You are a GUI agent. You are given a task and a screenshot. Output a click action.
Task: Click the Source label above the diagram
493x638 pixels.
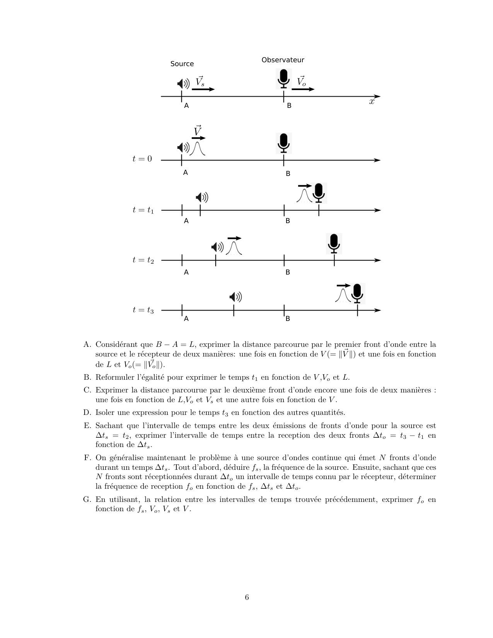point(182,64)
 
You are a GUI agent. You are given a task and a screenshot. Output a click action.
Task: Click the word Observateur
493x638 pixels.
point(283,60)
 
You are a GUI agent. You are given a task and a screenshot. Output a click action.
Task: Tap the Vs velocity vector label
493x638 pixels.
point(200,82)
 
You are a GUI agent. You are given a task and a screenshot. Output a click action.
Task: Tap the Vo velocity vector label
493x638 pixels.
point(301,82)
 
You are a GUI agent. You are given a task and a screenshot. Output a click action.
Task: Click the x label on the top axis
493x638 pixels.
point(372,102)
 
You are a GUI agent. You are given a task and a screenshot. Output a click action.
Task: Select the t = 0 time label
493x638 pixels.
point(142,159)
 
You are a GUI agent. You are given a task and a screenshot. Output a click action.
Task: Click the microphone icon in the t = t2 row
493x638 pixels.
point(334,243)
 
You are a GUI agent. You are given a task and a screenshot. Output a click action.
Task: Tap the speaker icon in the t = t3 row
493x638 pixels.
point(235,297)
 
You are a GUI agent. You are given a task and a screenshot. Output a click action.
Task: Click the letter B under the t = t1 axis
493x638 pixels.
point(288,221)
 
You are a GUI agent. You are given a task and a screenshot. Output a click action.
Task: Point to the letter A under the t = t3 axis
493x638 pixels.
point(186,319)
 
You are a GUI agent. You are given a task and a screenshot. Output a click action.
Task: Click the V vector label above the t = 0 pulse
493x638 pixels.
point(198,131)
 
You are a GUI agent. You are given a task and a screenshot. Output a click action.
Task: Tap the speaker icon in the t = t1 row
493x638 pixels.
point(202,198)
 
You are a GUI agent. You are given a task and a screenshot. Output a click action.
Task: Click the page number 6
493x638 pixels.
point(247,597)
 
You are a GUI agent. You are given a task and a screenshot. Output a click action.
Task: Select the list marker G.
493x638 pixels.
point(87,500)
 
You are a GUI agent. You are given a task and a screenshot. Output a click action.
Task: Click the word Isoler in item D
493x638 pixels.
point(106,413)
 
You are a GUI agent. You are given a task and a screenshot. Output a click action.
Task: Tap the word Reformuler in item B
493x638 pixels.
point(113,377)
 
